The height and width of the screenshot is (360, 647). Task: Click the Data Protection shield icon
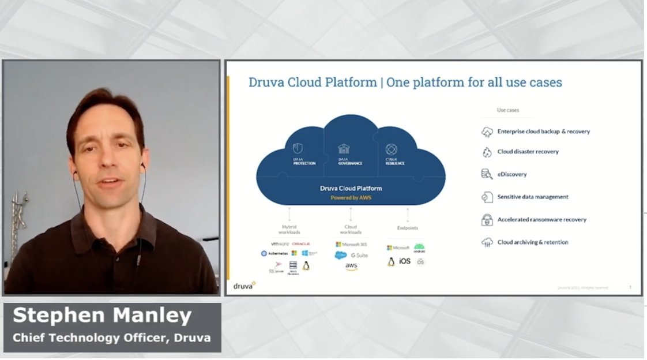(298, 148)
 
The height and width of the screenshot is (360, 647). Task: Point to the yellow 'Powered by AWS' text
(351, 197)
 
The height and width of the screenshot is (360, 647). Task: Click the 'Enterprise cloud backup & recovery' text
(543, 132)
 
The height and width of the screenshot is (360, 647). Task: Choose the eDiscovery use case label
(512, 174)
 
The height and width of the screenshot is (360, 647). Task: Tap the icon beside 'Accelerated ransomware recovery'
(487, 220)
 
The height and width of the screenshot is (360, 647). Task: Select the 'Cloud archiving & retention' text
(533, 242)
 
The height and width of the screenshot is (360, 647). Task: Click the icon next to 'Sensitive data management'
(487, 197)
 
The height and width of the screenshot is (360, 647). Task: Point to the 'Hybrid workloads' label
(289, 230)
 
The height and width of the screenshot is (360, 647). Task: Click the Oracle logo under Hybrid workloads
(301, 244)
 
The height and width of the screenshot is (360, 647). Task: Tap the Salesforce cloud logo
(342, 255)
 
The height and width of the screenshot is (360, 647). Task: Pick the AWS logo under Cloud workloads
(351, 267)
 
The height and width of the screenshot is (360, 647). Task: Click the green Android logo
(419, 247)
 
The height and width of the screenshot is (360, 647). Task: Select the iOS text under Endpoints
(405, 262)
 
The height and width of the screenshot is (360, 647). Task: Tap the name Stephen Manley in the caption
(101, 316)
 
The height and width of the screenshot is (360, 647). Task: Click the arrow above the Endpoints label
(408, 215)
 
